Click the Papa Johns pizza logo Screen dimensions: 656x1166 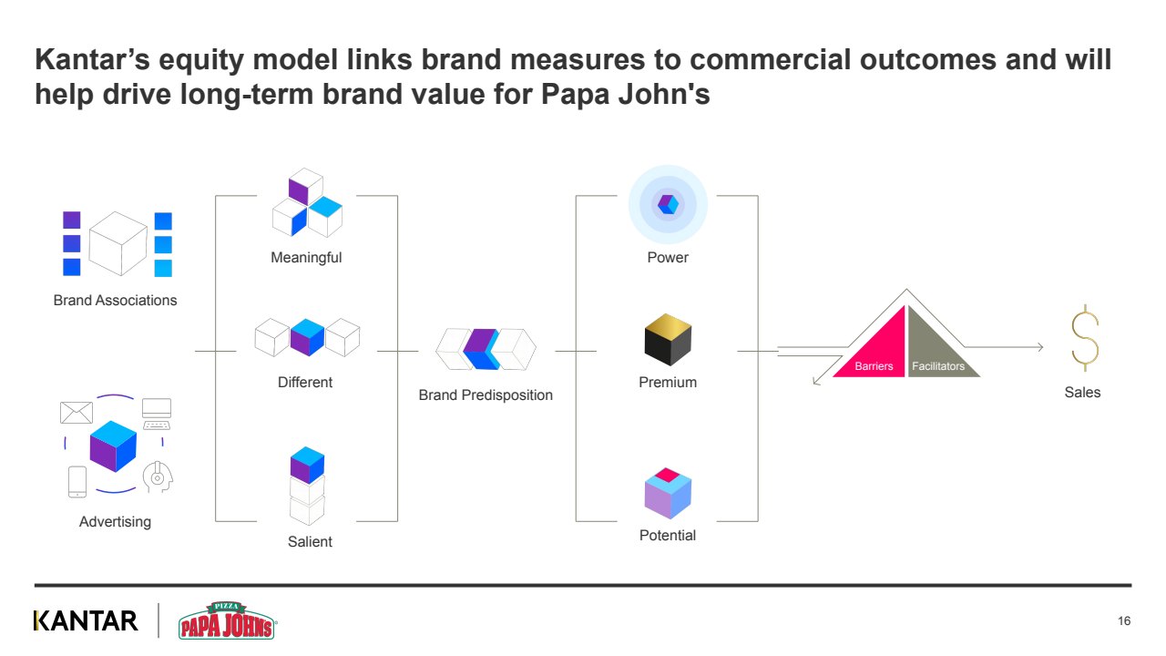tap(227, 620)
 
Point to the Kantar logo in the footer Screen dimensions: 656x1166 tap(86, 620)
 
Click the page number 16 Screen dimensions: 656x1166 tap(1124, 621)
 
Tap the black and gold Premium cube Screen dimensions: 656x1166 tap(668, 340)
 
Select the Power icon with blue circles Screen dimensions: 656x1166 tap(668, 204)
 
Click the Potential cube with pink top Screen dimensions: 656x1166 tap(668, 493)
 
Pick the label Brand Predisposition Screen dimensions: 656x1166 tap(486, 395)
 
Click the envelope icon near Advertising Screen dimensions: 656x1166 tap(76, 413)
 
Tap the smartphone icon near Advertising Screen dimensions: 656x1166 tap(77, 481)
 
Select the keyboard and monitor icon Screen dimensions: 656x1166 tap(157, 413)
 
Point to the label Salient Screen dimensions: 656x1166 tap(310, 542)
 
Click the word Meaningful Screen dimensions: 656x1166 tap(306, 258)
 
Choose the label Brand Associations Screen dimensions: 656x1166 tap(115, 301)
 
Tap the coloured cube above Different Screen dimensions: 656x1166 tap(307, 337)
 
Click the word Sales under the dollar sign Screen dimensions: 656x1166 tap(1082, 393)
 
